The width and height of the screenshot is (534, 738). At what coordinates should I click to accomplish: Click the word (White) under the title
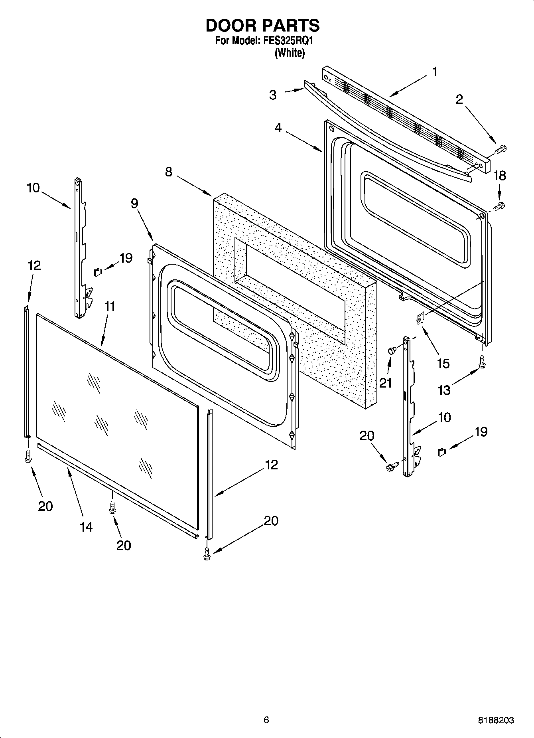[290, 53]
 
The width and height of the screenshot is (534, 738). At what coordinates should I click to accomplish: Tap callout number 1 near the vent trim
[434, 72]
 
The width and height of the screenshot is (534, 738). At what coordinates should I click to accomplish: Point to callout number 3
[273, 95]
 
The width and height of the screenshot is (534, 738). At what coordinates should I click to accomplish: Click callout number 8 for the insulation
[169, 172]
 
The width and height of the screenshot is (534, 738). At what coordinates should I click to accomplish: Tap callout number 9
[134, 204]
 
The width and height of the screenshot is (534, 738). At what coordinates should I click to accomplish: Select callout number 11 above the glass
[110, 307]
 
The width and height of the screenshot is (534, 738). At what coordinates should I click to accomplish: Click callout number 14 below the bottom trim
[86, 527]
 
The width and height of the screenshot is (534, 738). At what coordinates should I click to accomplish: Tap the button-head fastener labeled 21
[391, 351]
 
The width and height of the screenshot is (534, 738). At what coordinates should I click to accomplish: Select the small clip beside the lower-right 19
[441, 452]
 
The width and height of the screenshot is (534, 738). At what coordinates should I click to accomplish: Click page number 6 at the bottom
[266, 720]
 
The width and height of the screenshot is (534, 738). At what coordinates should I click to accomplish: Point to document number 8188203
[496, 720]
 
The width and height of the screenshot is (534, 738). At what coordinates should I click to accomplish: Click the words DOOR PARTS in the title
[262, 26]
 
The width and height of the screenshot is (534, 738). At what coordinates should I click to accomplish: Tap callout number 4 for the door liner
[278, 128]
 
